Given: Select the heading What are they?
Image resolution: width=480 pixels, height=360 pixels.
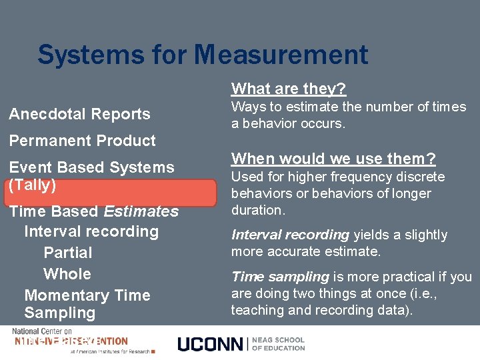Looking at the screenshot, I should click(x=289, y=89).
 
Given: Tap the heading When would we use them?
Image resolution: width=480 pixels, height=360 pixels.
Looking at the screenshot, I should click(x=333, y=159).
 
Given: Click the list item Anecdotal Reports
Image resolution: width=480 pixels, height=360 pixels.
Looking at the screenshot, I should click(x=79, y=114).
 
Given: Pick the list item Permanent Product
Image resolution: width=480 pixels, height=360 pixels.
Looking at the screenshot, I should click(x=82, y=141).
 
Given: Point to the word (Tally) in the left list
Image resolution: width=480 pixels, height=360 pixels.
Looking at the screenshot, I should click(x=32, y=185).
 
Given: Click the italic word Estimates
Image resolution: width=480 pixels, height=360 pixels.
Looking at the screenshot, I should click(x=141, y=211).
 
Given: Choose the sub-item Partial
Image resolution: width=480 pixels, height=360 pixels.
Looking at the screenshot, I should click(x=67, y=253).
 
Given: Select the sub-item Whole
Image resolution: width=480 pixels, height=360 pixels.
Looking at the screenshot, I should click(x=67, y=274).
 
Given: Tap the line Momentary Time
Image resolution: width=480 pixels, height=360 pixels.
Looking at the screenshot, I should click(x=87, y=295).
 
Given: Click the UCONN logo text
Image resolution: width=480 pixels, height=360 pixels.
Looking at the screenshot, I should click(x=210, y=344).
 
